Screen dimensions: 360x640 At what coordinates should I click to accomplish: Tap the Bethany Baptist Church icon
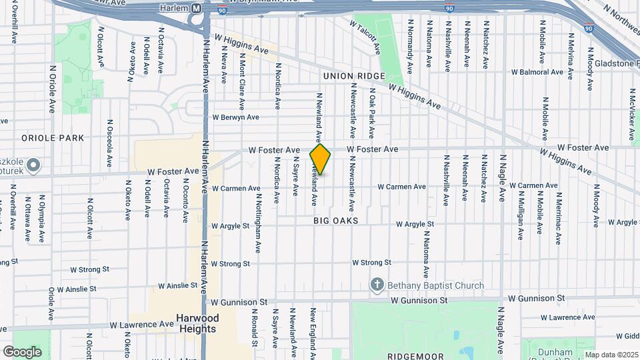377,285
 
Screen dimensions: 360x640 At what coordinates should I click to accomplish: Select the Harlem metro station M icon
196,9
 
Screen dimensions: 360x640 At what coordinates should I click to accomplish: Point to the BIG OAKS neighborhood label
336,220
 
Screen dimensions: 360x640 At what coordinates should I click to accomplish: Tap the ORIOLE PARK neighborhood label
53,138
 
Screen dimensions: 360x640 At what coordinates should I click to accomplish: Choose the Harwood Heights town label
196,323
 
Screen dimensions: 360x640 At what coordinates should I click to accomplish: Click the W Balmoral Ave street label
537,72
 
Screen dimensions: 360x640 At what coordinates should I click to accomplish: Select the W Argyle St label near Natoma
415,225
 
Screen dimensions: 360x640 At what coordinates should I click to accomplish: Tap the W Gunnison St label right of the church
535,299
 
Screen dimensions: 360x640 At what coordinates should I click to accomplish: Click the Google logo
22,351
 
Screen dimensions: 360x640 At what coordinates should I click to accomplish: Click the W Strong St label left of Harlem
89,269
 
